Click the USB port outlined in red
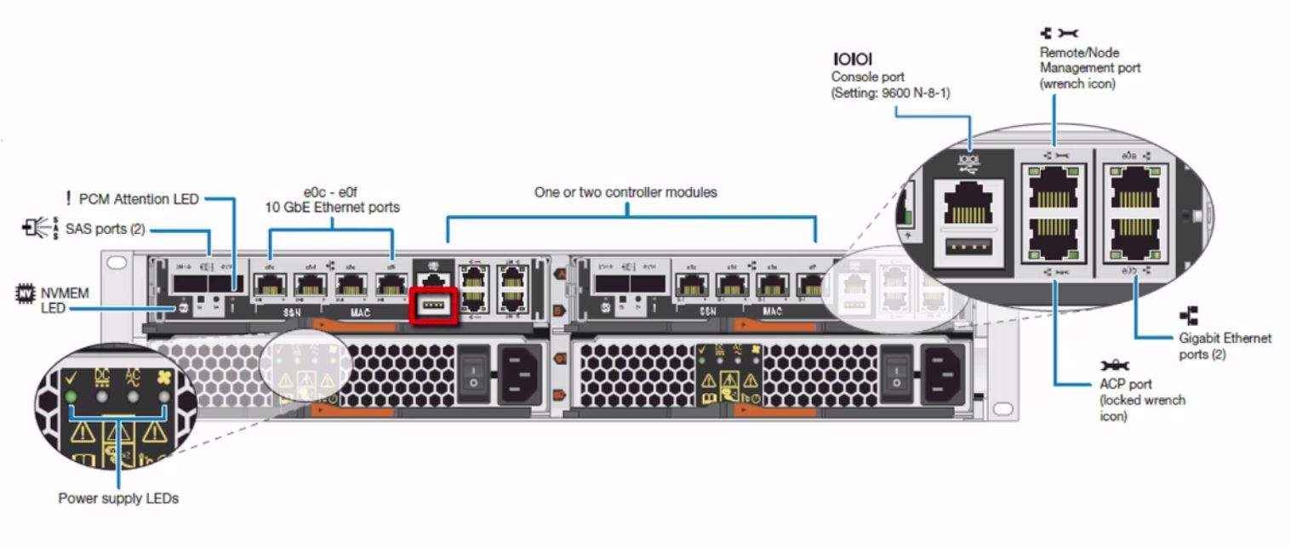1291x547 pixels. click(434, 305)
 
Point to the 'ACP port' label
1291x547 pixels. click(1128, 384)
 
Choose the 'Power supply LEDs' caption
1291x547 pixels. click(118, 499)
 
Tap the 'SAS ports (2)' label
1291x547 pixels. click(105, 228)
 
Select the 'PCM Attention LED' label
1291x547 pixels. click(139, 199)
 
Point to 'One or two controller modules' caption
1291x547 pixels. click(626, 192)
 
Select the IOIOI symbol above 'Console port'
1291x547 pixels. click(852, 59)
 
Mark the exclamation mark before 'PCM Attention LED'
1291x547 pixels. click(68, 199)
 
